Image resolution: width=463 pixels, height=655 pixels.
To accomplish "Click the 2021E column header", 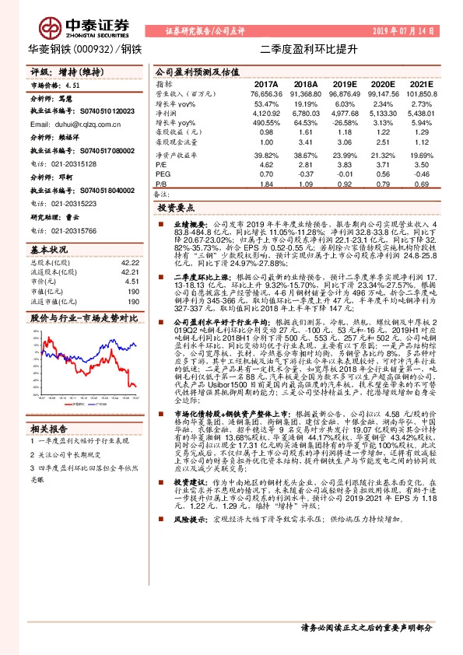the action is point(420,83).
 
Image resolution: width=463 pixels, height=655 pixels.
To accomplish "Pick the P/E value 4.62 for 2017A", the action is point(266,166).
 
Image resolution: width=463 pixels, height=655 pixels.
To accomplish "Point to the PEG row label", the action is point(163,175).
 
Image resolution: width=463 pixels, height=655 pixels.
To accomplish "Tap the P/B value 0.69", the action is point(420,184).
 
